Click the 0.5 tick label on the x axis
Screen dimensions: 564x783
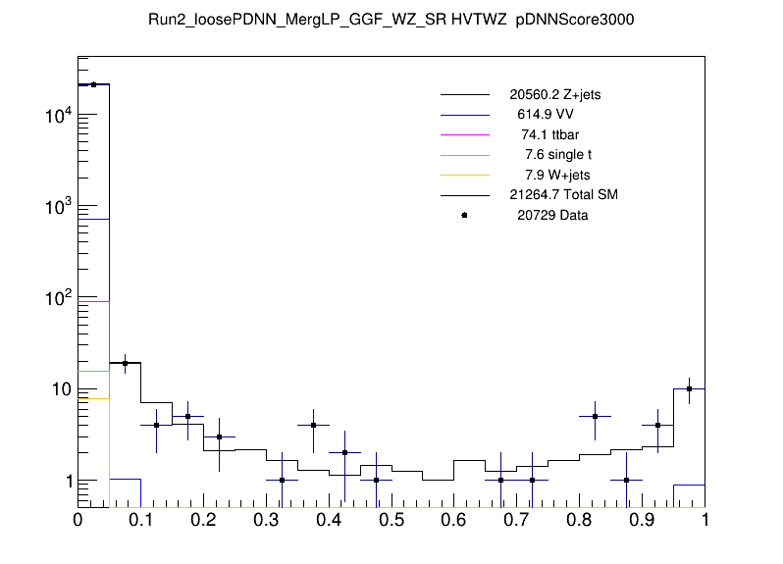[x=391, y=521]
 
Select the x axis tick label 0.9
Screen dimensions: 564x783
[x=642, y=521]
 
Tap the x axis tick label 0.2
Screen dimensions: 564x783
[x=203, y=521]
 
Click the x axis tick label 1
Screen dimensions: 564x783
[x=704, y=521]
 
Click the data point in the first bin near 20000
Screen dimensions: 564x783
[x=93, y=84]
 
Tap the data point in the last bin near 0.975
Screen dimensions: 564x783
[x=689, y=388]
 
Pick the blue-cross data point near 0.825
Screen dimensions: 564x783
[x=595, y=416]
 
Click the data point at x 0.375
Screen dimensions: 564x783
[x=313, y=425]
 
